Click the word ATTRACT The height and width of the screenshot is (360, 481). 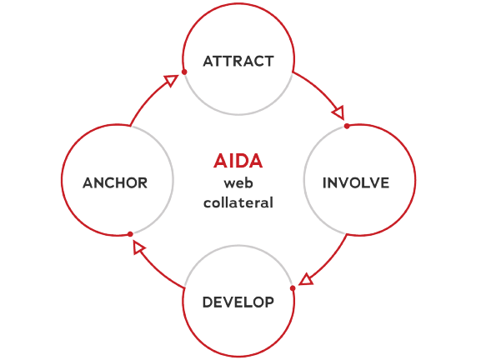[238, 62]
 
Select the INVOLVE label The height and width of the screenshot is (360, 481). [356, 183]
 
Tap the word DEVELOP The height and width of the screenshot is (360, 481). [238, 302]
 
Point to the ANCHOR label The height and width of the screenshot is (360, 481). [115, 183]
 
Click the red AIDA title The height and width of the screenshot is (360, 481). [238, 161]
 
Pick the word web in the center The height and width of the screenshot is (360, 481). [238, 183]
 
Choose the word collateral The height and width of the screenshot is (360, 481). [238, 202]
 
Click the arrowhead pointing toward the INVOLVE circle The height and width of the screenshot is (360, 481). [338, 112]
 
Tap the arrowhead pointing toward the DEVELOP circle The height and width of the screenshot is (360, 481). [306, 280]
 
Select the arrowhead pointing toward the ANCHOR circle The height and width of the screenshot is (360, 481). [138, 247]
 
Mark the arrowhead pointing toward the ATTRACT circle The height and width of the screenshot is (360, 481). [171, 80]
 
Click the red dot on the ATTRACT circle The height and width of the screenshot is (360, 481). [184, 72]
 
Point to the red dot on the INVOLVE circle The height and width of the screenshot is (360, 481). [347, 126]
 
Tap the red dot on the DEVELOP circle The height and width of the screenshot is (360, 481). [293, 288]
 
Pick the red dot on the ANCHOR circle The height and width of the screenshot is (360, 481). [130, 234]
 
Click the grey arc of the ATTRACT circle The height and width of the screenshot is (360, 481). [238, 114]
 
